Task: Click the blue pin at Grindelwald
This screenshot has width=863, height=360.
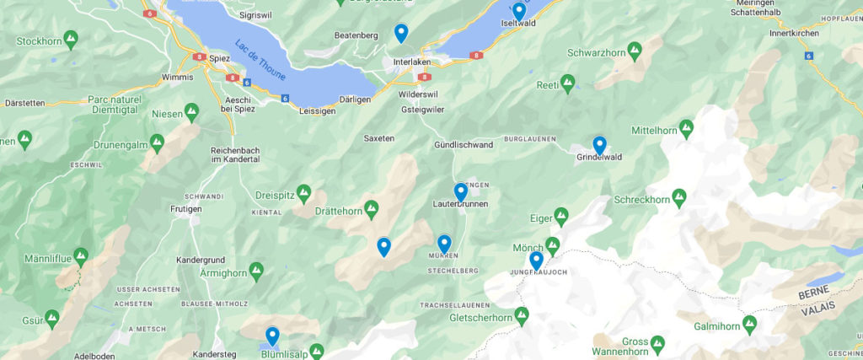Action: point(599,145)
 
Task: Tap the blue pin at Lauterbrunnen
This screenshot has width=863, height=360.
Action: point(460,192)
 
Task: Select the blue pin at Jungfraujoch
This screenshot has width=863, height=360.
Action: point(536,260)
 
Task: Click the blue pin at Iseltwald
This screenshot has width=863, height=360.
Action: point(519,11)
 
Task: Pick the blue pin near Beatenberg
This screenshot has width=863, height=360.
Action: point(401,32)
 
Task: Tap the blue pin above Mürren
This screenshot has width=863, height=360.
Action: point(444,244)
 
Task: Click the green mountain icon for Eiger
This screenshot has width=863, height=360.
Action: point(561,217)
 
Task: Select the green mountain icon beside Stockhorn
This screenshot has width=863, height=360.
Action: point(71,39)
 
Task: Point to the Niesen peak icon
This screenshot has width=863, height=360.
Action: point(191,110)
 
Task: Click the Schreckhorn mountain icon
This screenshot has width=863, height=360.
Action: point(678,197)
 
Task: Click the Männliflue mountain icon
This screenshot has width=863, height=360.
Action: point(81,254)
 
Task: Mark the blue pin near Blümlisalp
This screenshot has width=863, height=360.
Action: point(271,336)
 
